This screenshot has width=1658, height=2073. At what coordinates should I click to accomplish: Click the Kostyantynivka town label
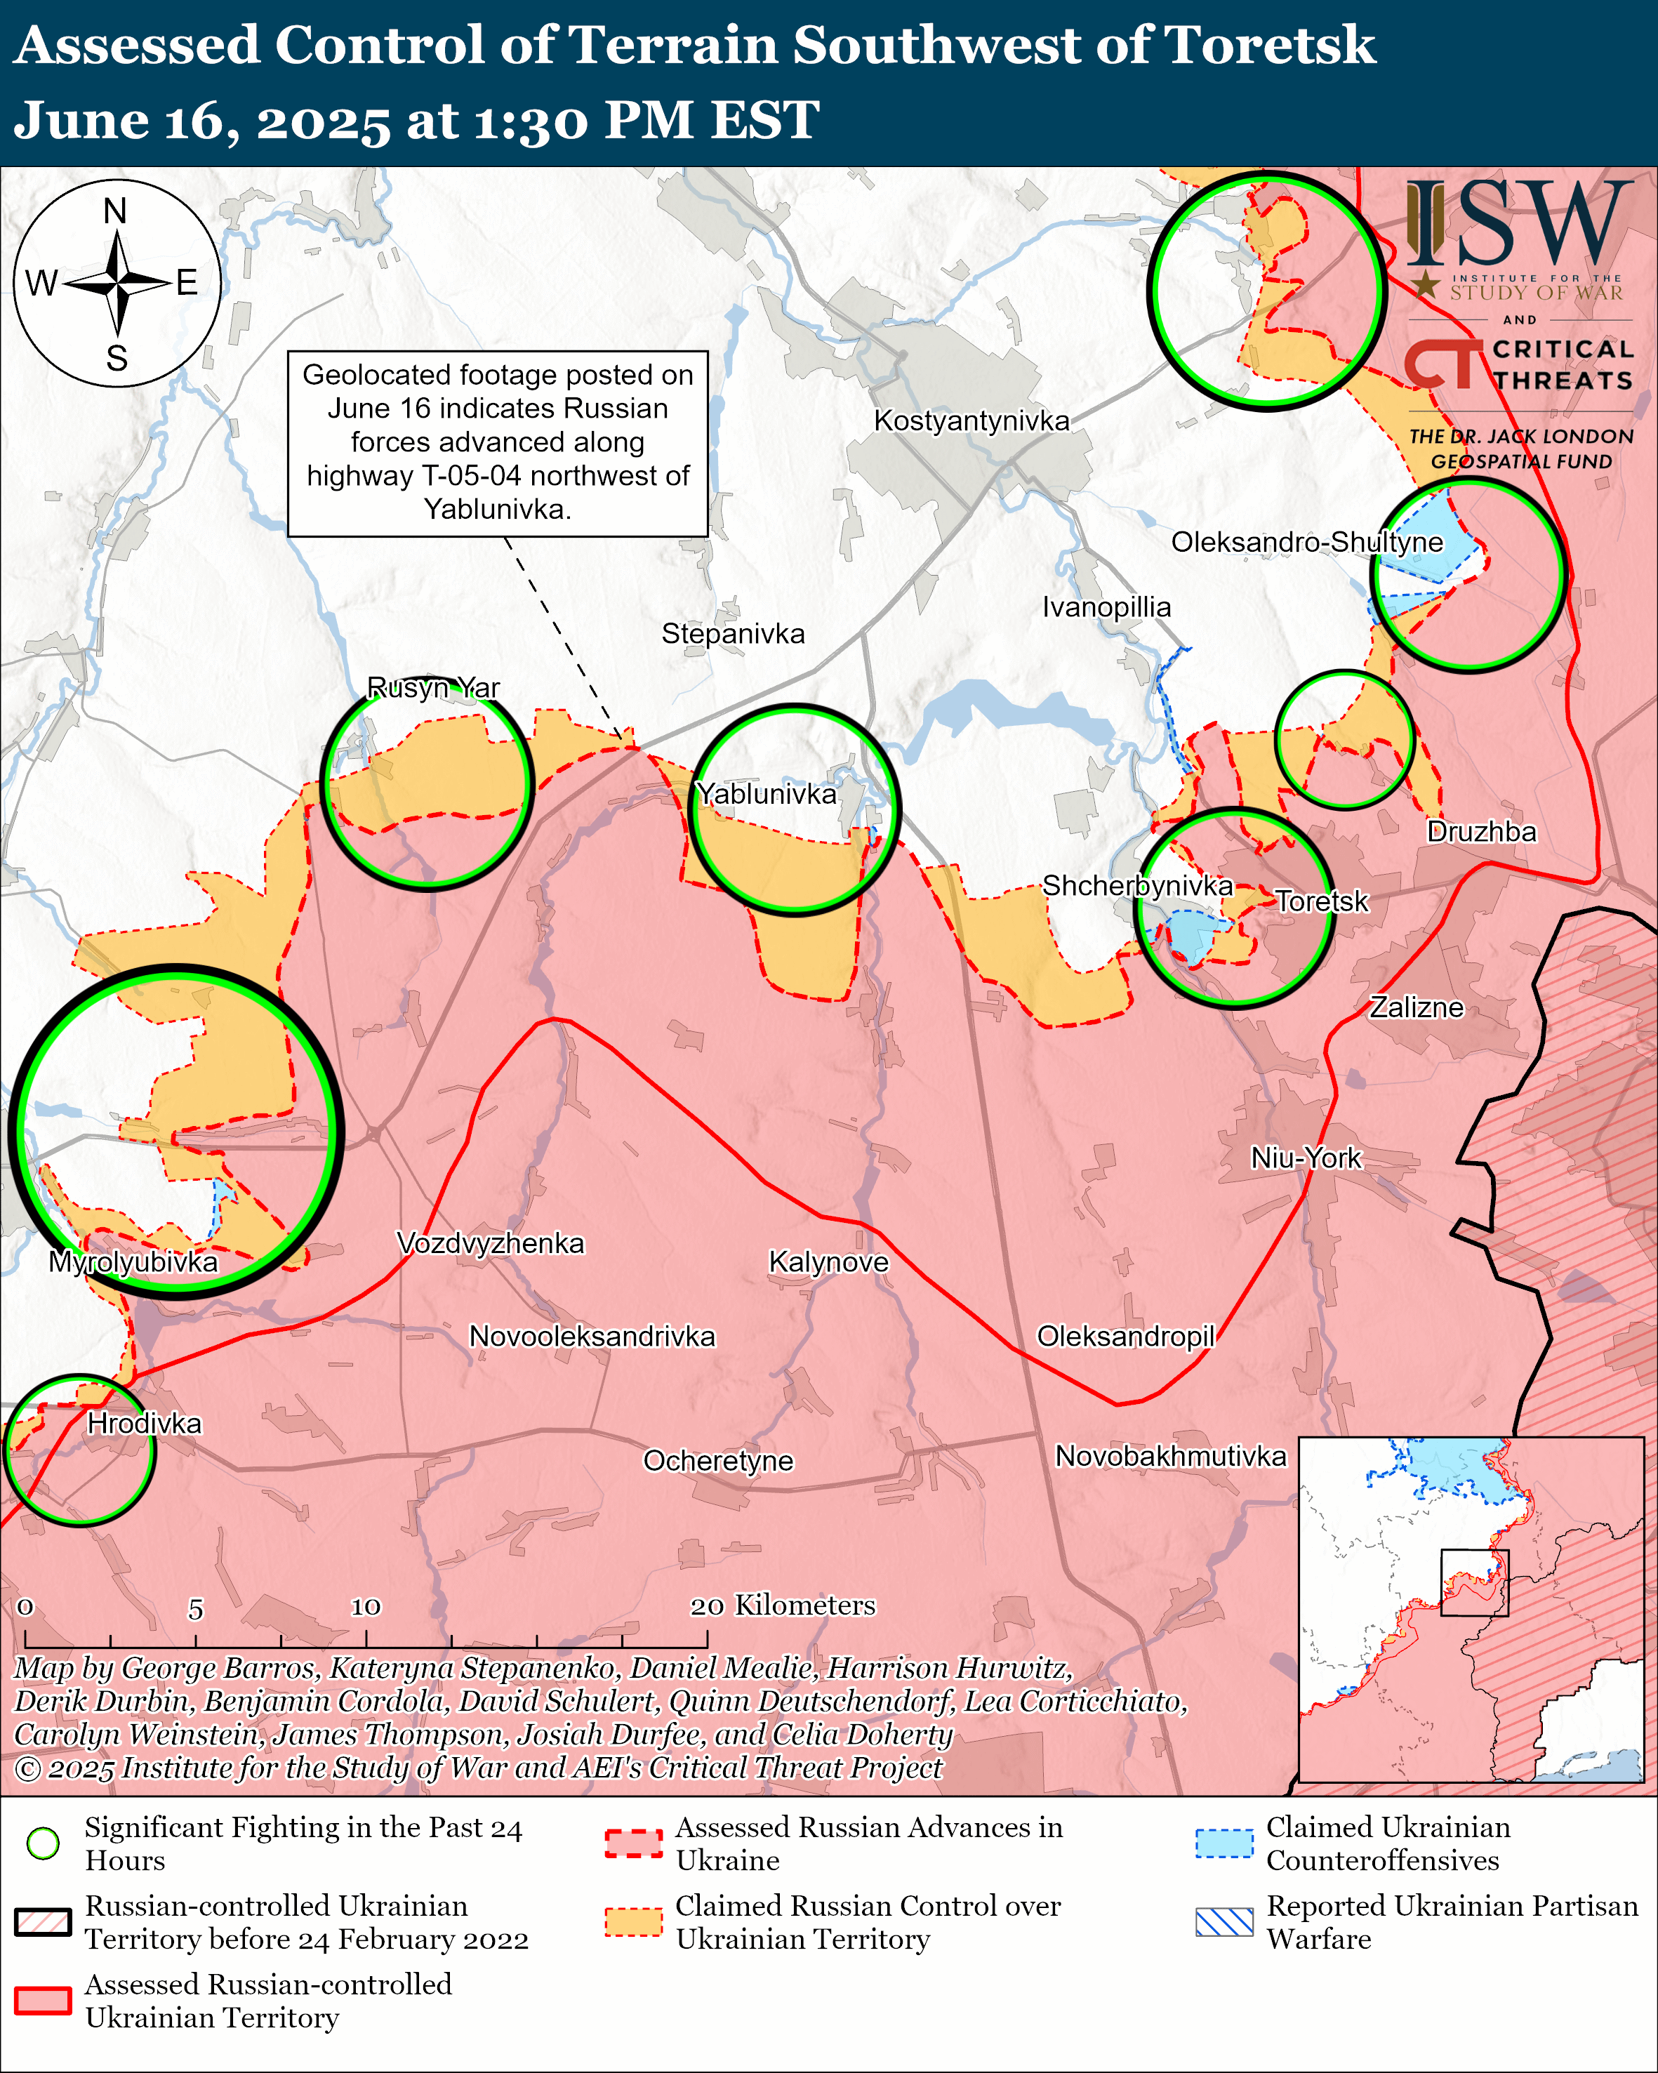coord(971,421)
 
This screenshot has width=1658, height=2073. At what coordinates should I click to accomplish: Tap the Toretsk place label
coord(1322,901)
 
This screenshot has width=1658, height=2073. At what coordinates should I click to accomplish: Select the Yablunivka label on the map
coord(766,794)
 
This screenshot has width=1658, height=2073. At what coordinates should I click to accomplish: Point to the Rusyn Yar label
coord(434,687)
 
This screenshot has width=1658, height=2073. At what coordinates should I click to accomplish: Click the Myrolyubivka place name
coord(133,1261)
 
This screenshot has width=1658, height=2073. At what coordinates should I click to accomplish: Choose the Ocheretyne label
coord(718,1461)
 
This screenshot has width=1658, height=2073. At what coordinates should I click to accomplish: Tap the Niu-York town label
coord(1305,1158)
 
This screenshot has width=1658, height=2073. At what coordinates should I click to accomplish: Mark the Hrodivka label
coord(144,1423)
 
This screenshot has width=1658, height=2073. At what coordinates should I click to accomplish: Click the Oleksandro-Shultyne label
coord(1306,542)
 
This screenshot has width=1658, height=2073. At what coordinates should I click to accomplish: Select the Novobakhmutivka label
coord(1169,1456)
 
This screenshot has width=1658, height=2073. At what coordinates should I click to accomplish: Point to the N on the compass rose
coord(115,211)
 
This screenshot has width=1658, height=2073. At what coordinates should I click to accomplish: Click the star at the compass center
coord(117,284)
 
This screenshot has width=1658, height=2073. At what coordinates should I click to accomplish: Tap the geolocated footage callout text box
coord(498,442)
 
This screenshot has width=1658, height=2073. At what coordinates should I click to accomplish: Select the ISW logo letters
coord(1518,226)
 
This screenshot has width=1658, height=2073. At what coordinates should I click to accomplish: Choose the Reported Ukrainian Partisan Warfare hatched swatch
coord(1224,1922)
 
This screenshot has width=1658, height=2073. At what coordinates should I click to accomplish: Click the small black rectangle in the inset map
coord(1474,1582)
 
